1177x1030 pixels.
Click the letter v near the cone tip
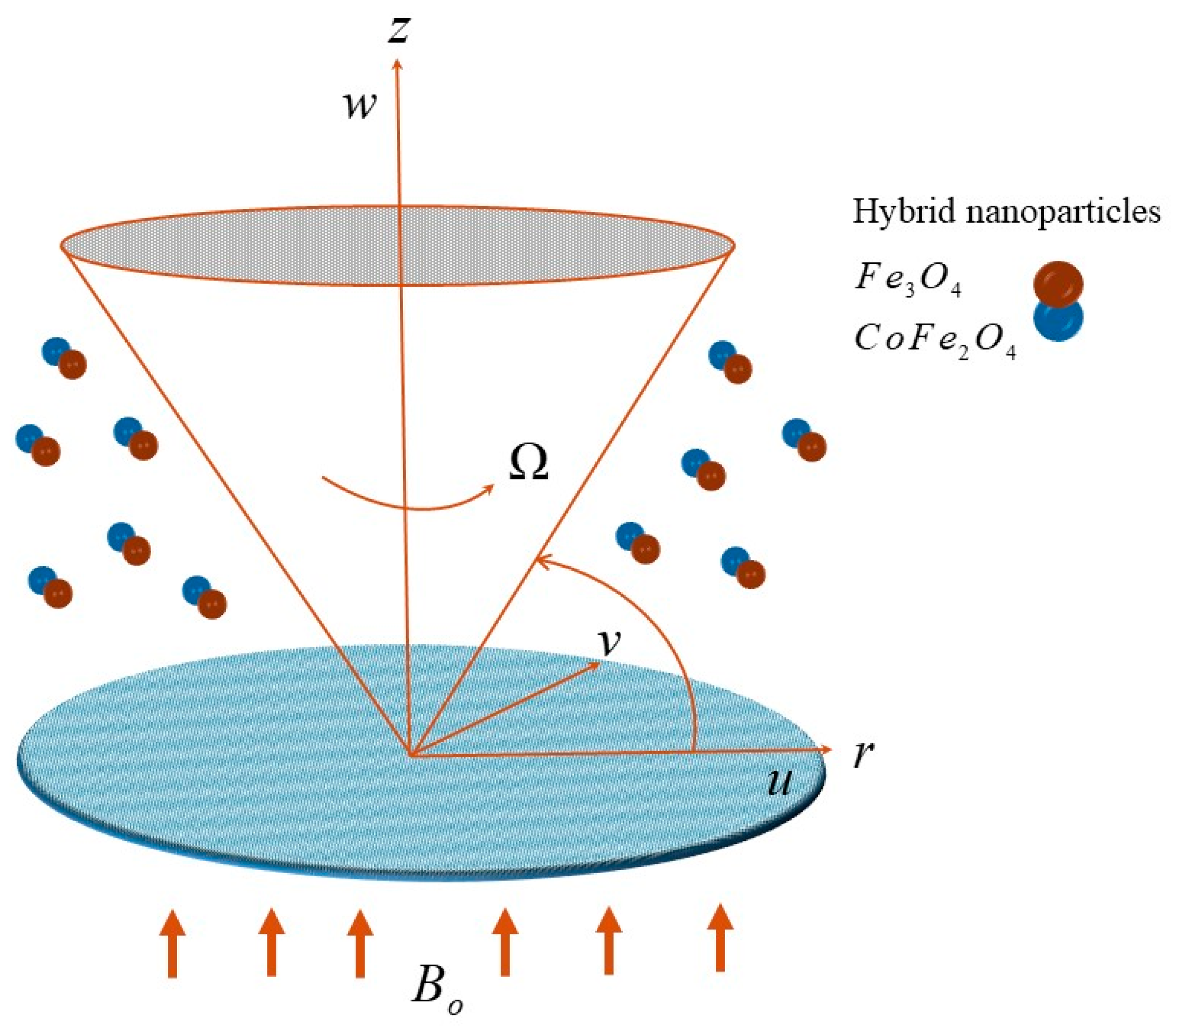tap(609, 641)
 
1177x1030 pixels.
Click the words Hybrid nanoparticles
tap(1006, 211)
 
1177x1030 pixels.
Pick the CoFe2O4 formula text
tap(934, 340)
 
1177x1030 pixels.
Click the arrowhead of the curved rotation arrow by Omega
tap(490, 488)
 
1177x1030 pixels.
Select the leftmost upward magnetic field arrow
tap(172, 943)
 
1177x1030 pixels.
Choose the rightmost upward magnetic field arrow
tap(719, 937)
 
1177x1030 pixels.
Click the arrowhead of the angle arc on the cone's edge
tap(541, 560)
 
